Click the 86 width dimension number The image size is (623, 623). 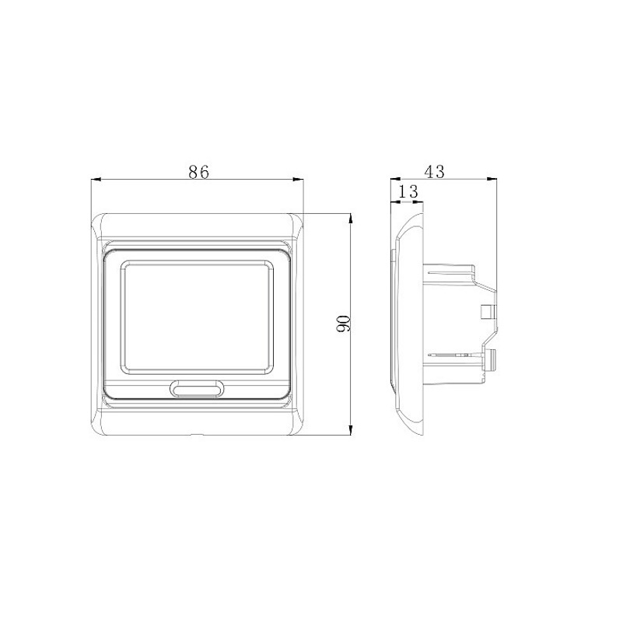tap(198, 172)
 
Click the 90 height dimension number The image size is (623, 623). tap(343, 324)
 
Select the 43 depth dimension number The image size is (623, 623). tap(434, 172)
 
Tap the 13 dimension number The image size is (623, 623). tap(408, 191)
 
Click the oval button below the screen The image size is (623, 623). tap(197, 388)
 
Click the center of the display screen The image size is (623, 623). tap(197, 317)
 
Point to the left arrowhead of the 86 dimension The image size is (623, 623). tap(96, 180)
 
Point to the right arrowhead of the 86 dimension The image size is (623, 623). tap(299, 180)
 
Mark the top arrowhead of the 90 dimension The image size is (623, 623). tap(351, 219)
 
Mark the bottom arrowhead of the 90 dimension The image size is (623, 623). tap(351, 429)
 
